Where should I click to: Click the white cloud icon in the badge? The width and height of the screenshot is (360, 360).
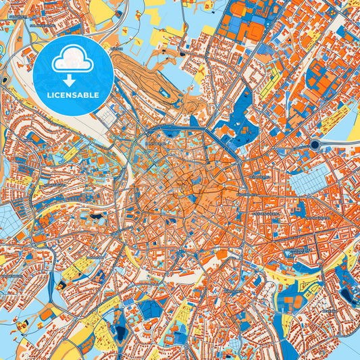point(73,60)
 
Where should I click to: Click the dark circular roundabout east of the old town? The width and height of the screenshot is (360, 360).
point(315,145)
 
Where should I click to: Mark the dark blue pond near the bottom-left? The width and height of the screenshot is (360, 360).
point(121,333)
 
